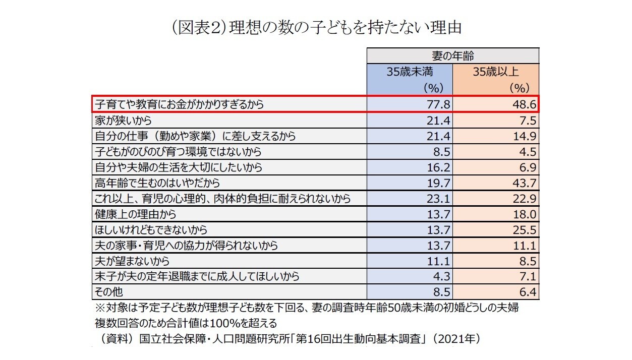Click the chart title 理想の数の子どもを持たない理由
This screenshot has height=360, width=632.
click(x=316, y=27)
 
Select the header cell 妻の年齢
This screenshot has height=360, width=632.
click(x=452, y=55)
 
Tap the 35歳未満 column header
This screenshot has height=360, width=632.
click(x=410, y=72)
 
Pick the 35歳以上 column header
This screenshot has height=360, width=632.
click(x=496, y=72)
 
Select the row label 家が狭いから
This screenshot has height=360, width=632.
click(x=123, y=121)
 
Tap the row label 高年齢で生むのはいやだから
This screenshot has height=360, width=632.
click(x=157, y=183)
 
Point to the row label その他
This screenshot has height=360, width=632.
click(x=108, y=292)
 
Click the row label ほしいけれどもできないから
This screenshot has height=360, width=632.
click(x=151, y=229)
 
